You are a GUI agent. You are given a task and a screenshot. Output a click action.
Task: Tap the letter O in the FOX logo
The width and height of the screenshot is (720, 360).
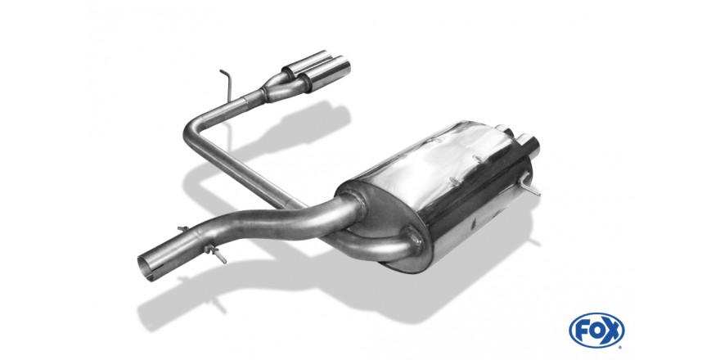click(x=596, y=330)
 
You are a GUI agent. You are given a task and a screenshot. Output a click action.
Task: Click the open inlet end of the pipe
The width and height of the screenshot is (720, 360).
click(x=145, y=268)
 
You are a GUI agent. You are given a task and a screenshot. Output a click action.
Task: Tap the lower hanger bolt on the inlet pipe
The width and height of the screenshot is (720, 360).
click(x=216, y=254)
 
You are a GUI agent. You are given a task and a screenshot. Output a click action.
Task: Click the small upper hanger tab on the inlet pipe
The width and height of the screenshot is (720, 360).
click(x=183, y=228)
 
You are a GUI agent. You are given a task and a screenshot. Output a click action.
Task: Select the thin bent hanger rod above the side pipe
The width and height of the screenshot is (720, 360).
click(x=227, y=85)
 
